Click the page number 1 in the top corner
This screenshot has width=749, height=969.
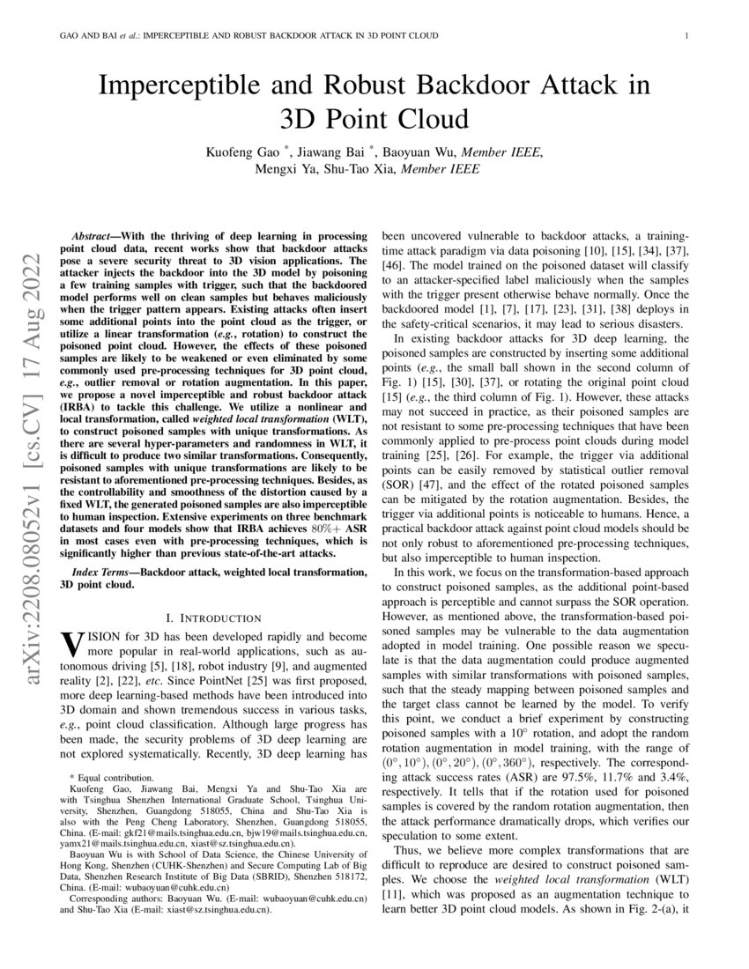(x=686, y=36)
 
